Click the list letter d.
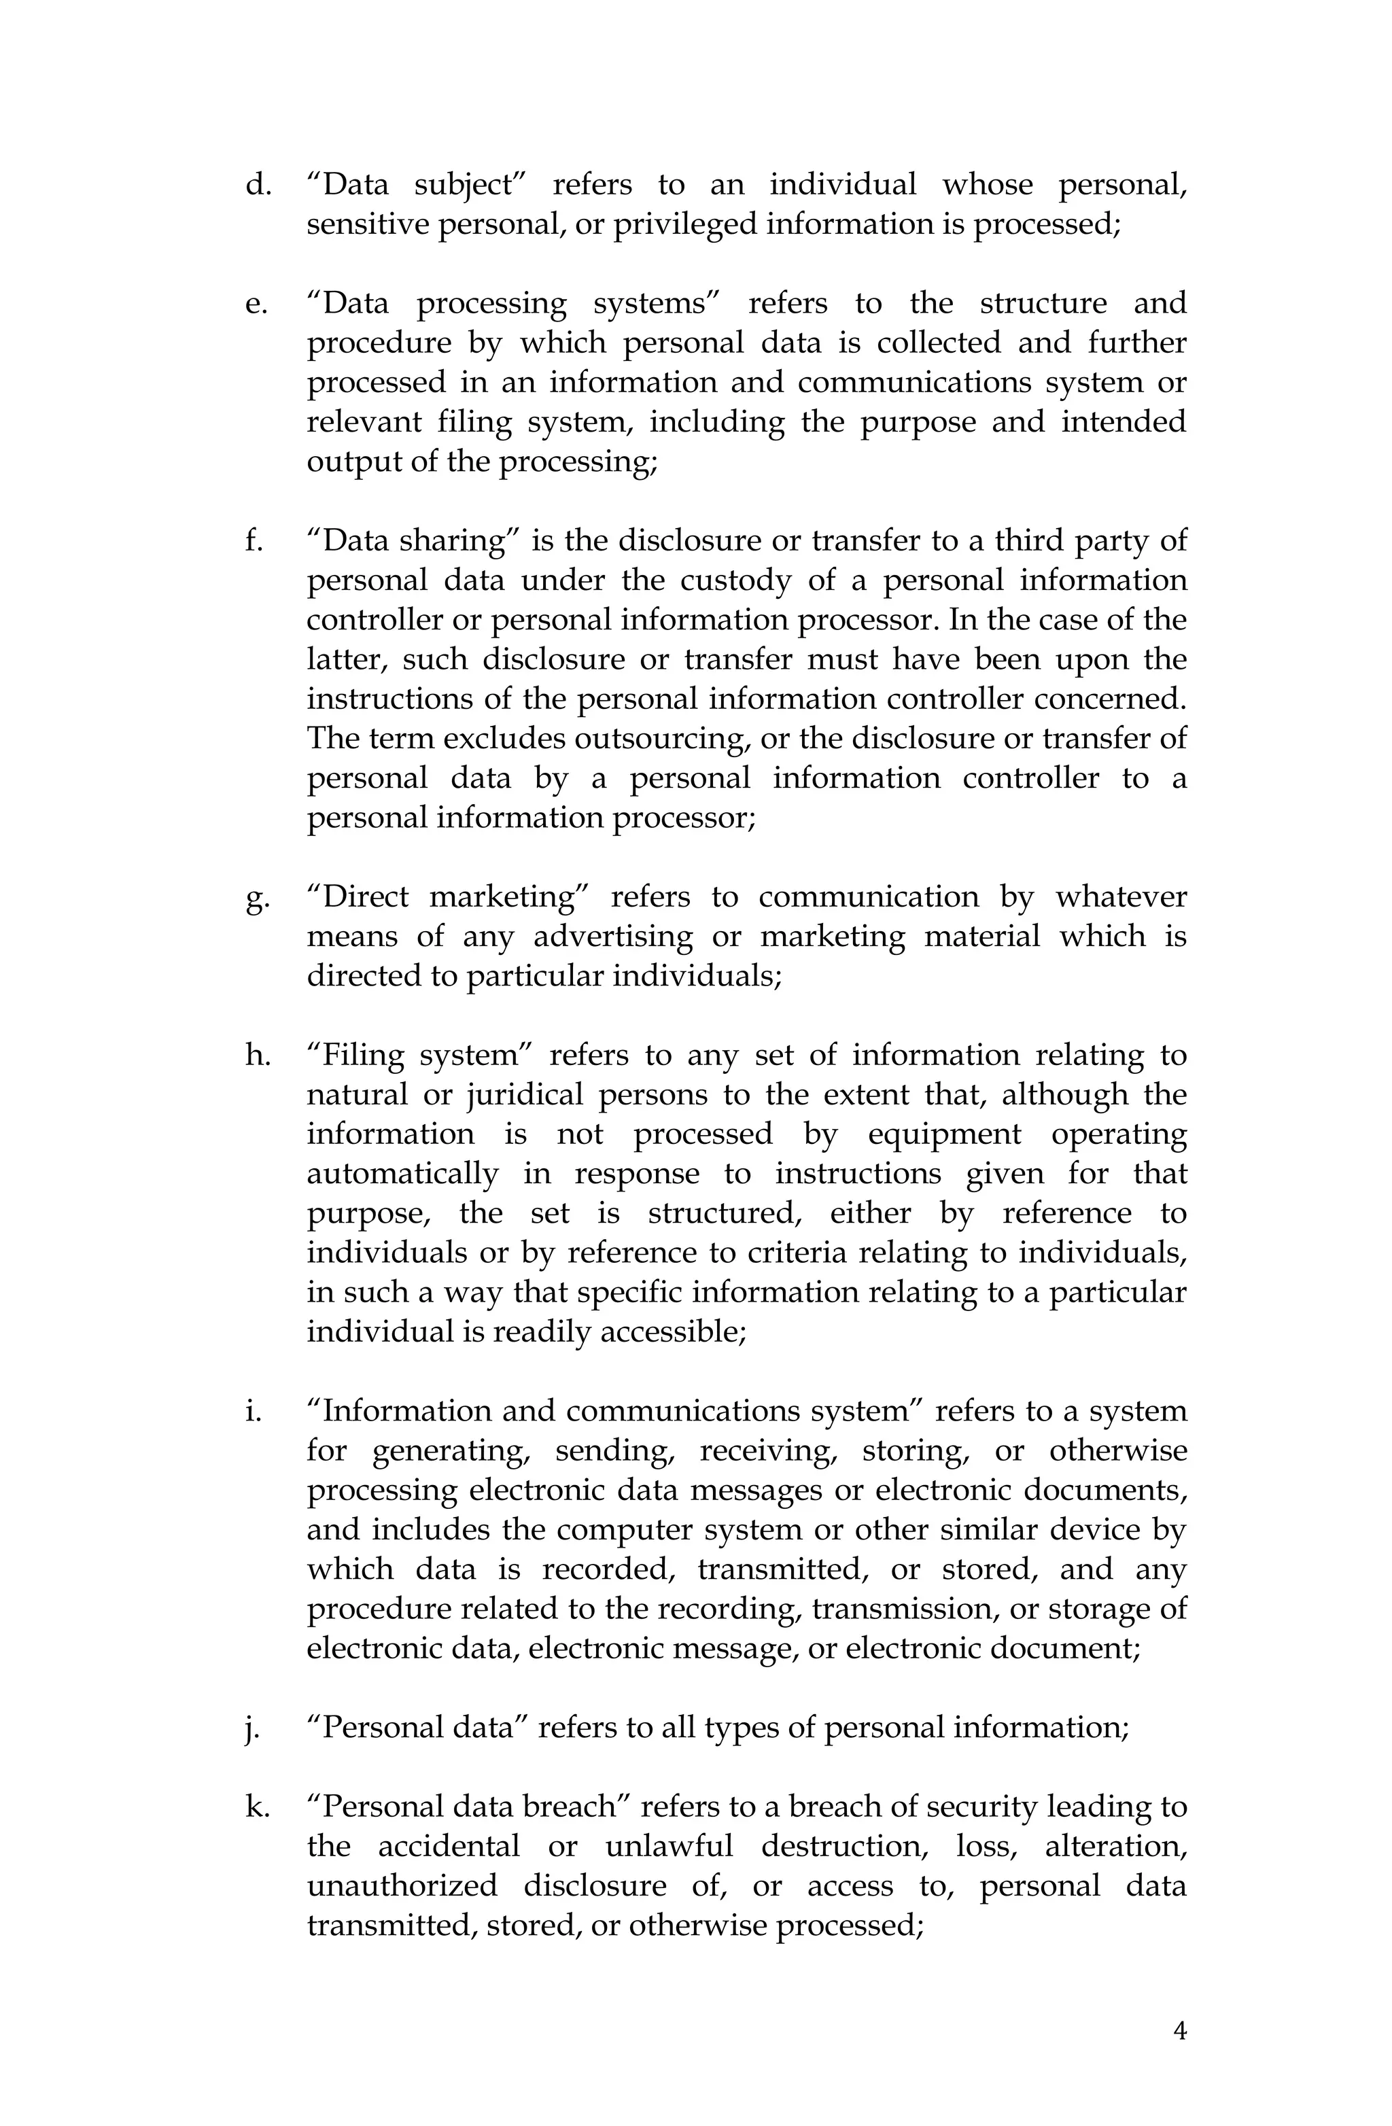258,185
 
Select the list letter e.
256,304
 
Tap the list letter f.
254,541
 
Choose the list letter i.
253,1412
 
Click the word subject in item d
469,186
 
